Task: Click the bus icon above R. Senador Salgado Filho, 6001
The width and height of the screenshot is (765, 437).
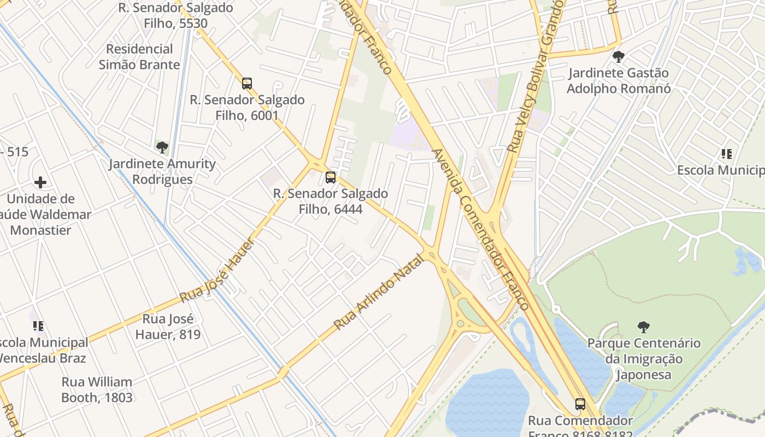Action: (x=247, y=84)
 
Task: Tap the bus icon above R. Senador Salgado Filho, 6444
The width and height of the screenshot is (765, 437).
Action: (x=331, y=177)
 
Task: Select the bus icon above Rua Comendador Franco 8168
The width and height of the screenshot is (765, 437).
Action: (x=580, y=404)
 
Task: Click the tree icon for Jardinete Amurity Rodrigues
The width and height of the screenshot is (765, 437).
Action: (x=162, y=147)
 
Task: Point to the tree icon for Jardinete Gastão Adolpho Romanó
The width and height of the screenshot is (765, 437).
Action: (x=619, y=56)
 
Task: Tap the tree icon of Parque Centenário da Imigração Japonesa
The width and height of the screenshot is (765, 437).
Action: (x=644, y=327)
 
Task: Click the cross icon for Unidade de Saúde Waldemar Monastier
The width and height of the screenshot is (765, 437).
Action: (x=40, y=182)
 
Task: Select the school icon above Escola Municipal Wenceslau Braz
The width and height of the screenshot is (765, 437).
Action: (x=38, y=326)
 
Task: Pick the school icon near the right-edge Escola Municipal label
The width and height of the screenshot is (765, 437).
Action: (x=726, y=154)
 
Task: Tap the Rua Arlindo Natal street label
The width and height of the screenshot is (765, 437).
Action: (x=379, y=292)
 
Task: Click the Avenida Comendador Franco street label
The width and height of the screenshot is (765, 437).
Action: (x=481, y=229)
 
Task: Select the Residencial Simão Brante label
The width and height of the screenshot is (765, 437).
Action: (x=139, y=57)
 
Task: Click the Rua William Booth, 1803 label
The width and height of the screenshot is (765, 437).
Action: (x=97, y=389)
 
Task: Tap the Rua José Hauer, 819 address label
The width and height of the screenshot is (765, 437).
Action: (x=168, y=326)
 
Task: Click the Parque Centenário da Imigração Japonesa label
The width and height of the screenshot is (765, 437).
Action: (x=644, y=359)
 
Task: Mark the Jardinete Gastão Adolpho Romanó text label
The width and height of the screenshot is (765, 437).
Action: (x=619, y=80)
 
